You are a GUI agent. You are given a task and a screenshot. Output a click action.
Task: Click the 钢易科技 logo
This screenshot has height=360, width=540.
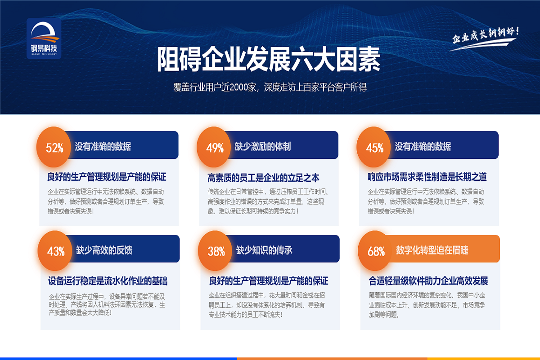point(44,38)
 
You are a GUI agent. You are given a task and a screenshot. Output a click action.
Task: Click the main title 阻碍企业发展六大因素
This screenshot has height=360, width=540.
point(269,59)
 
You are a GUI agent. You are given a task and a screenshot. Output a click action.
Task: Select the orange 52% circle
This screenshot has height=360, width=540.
point(54,147)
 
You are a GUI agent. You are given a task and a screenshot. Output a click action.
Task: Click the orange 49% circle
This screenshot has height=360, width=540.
point(215,147)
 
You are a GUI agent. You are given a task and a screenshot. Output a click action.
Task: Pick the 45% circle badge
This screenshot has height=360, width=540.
point(375,147)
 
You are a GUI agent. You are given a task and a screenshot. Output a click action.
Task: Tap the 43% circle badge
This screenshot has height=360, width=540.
point(56,251)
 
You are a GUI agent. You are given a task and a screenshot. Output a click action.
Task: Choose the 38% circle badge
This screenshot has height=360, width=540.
point(216,251)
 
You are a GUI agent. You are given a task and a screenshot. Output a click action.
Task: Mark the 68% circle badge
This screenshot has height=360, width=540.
point(376,251)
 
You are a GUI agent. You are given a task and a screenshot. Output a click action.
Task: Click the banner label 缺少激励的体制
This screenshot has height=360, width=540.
point(263,146)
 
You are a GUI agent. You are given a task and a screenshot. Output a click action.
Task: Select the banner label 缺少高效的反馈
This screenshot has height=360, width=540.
point(104,250)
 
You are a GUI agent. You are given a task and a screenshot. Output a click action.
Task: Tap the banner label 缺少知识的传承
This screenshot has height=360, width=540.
point(264,250)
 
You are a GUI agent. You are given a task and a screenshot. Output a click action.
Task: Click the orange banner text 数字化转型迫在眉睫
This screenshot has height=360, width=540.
point(432,250)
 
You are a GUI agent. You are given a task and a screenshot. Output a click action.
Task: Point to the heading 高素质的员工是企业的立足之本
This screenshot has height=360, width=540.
point(264,178)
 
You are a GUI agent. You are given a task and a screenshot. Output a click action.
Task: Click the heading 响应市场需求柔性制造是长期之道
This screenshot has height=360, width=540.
point(427,177)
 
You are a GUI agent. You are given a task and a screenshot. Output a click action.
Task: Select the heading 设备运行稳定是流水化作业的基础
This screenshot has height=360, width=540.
point(108,281)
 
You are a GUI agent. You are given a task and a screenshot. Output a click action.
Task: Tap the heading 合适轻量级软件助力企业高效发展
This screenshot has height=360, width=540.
point(428,281)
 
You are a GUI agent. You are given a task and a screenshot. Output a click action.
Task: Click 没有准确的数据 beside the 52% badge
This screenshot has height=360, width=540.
point(103,146)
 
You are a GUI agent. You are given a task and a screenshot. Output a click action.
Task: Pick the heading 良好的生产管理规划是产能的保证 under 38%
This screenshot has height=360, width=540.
point(269,281)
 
